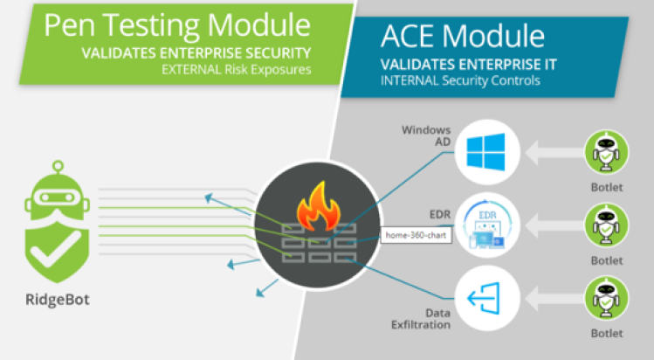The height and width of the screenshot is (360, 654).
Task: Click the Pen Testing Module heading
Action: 177,25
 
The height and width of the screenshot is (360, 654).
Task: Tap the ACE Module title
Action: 463,36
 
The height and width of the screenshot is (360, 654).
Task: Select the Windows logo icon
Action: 485,152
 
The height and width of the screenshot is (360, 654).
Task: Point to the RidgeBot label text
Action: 58,300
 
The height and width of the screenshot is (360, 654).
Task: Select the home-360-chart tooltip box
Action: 416,235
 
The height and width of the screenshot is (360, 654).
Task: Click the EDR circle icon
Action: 487,225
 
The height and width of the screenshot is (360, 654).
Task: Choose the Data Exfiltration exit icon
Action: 484,298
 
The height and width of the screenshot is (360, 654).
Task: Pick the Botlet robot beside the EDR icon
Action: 607,225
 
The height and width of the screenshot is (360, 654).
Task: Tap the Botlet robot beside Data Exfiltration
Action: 607,299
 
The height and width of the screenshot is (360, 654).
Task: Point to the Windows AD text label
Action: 426,136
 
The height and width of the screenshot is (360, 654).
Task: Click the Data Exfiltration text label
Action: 421,319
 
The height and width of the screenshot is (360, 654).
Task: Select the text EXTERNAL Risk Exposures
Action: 237,70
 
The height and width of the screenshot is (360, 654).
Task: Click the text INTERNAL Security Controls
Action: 460,80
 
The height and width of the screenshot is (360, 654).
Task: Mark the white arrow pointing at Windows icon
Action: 554,153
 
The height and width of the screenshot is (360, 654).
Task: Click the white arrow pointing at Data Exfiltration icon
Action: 554,299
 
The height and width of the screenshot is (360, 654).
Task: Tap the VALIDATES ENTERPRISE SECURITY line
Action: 196,53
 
